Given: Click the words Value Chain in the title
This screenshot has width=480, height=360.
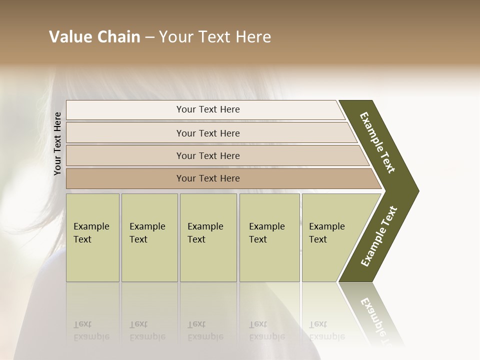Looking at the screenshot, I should tap(94, 37).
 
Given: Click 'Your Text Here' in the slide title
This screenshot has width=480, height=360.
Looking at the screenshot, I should tap(215, 37).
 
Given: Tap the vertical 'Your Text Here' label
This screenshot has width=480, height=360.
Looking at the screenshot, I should tap(57, 143).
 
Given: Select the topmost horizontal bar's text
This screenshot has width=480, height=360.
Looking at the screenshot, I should tap(208, 109).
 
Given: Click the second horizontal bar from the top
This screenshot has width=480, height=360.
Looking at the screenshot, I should tap(208, 133).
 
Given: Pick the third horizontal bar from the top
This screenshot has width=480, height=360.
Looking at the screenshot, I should tap(208, 155).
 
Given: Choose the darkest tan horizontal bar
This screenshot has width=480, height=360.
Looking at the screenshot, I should tap(208, 178).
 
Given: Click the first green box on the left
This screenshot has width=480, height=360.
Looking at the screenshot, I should tap(92, 237).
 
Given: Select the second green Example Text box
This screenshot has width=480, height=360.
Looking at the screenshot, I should tap(149, 237).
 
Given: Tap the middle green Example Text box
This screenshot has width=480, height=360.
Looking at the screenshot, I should tap(208, 237).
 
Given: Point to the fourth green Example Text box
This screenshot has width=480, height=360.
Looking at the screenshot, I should tap(269, 237).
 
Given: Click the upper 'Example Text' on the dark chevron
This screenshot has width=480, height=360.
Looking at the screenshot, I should tap(377, 142).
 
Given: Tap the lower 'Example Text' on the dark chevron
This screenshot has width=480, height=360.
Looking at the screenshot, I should tap(379, 236).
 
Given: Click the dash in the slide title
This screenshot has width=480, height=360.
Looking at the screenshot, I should tap(149, 37).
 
